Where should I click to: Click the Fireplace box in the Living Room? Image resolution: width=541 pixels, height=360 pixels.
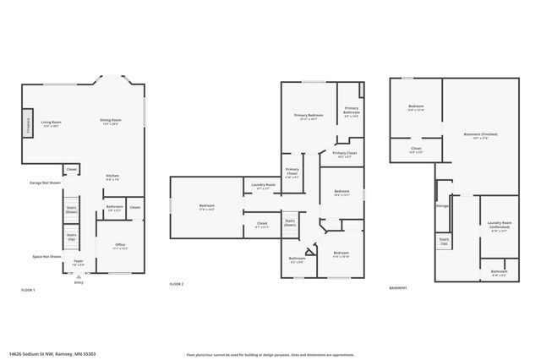click(x=28, y=123)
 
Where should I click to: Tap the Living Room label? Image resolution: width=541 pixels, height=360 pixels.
click(x=52, y=123)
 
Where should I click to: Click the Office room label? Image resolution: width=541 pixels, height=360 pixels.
click(x=120, y=246)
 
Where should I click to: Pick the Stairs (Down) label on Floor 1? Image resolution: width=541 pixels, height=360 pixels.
click(x=72, y=212)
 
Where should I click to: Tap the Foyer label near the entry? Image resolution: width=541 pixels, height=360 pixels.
click(x=78, y=263)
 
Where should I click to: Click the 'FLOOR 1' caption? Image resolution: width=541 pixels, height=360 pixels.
click(x=28, y=290)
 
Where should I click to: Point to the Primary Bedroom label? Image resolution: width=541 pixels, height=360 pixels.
click(x=309, y=117)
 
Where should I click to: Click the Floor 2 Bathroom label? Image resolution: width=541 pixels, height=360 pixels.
click(x=297, y=260)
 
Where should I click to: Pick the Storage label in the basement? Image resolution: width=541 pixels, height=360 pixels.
click(x=442, y=205)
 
